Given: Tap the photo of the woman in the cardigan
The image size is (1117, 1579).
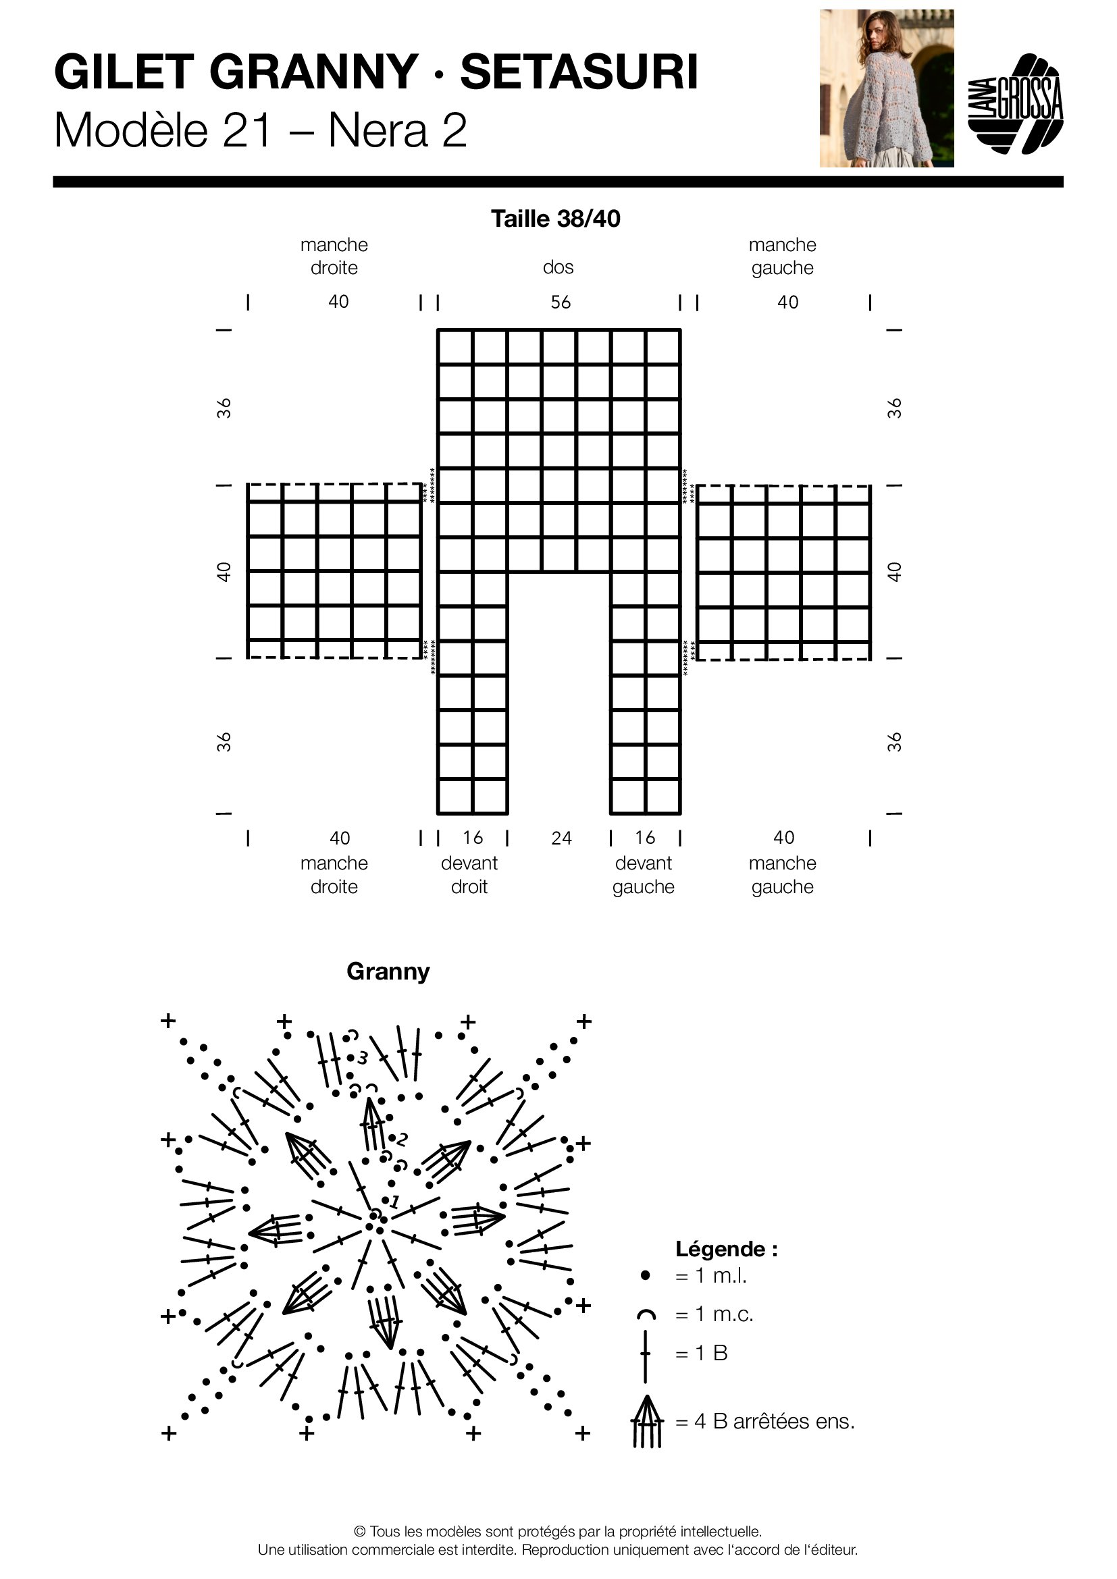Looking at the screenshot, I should coord(886,88).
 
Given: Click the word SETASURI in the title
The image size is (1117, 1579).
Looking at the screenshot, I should coord(579,72).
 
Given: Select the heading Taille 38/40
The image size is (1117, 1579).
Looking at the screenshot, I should coord(555,219).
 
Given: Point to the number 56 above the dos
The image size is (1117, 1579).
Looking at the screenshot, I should coord(560,302).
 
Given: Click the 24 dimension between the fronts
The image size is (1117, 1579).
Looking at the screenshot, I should coord(561,838).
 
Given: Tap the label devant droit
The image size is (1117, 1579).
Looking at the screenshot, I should coord(469,875).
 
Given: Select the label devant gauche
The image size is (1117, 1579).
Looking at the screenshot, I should coord(643,875).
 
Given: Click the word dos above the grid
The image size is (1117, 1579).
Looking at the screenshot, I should coord(558,267).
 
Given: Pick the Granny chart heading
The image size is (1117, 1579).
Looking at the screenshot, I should coord(388,971).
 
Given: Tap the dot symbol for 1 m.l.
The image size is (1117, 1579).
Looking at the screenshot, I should coord(645,1276).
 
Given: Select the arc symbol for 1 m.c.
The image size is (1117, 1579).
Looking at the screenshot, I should coord(646,1315).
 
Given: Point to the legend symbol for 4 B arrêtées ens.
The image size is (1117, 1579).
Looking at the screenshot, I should coord(646,1422).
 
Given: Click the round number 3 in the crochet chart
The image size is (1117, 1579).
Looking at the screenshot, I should coord(363,1057).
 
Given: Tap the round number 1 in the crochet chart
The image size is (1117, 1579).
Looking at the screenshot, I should coord(395,1202).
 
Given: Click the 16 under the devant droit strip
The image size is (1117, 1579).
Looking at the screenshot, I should coord(473,838).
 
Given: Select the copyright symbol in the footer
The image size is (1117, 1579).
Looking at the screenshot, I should coord(360,1532).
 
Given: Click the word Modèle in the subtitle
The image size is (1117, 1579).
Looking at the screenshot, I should coord(131,130).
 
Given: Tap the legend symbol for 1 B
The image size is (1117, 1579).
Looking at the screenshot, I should coord(645,1354).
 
